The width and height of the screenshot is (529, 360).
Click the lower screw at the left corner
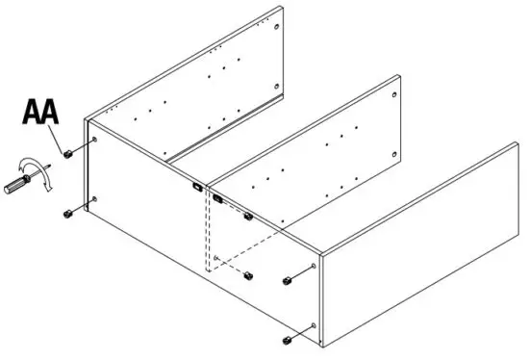tap(67, 213)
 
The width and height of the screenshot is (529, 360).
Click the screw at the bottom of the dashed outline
tap(247, 275)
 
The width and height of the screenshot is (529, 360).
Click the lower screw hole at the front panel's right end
tap(315, 327)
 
